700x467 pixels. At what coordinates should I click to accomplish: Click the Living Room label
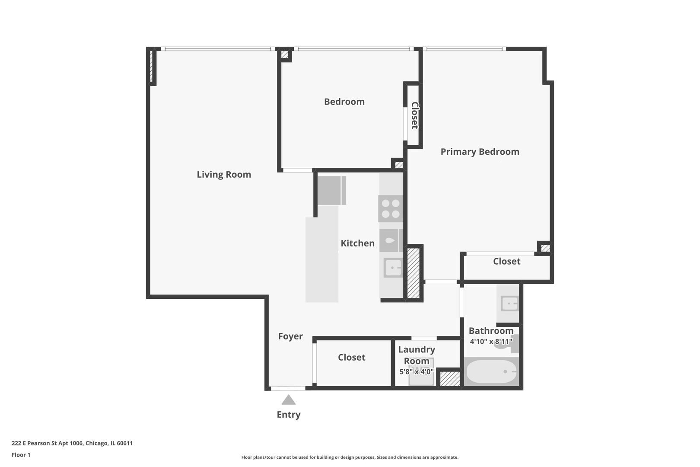[x=224, y=174]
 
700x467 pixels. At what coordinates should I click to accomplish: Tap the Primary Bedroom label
[x=480, y=152]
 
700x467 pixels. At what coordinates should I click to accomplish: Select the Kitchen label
[x=357, y=243]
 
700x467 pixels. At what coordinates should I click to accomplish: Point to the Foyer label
[x=290, y=336]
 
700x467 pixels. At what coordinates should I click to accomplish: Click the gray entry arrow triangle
[x=289, y=400]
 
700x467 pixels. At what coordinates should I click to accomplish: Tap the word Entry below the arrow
[x=289, y=414]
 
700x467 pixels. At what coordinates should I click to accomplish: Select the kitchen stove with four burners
[x=391, y=208]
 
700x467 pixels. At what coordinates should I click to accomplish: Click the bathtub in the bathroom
[x=491, y=371]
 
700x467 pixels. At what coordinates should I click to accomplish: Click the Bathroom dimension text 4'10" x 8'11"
[x=491, y=341]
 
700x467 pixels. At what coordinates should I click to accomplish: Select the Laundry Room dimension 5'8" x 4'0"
[x=417, y=371]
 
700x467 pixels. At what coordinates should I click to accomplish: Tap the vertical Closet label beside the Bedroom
[x=414, y=115]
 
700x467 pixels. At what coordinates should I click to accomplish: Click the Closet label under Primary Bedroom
[x=506, y=261]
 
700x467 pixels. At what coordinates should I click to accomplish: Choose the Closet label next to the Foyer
[x=352, y=357]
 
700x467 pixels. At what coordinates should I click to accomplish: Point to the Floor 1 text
[x=21, y=455]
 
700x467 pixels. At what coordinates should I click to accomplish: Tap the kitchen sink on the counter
[x=393, y=268]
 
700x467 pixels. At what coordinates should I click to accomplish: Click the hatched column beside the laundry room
[x=450, y=378]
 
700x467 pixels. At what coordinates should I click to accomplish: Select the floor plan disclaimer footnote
[x=350, y=457]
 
